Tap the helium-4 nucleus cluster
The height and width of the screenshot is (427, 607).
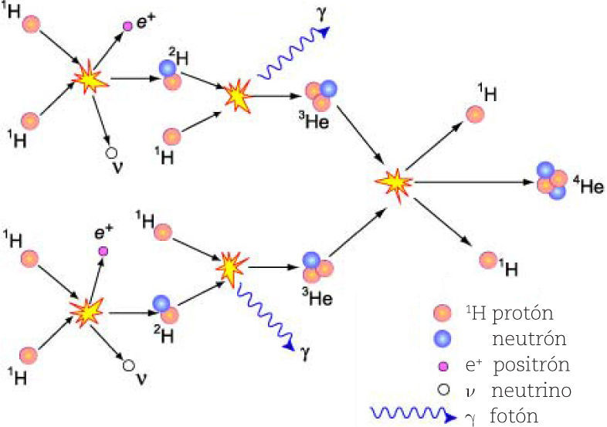click(551, 181)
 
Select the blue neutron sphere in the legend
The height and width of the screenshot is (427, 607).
click(443, 337)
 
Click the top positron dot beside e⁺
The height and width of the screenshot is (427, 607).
click(128, 26)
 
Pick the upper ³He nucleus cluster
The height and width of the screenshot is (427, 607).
click(321, 94)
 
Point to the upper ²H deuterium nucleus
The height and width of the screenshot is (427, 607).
click(170, 75)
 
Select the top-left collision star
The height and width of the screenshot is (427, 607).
click(90, 78)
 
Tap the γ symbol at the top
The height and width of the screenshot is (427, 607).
click(320, 12)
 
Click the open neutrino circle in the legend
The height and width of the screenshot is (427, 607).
click(443, 390)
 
